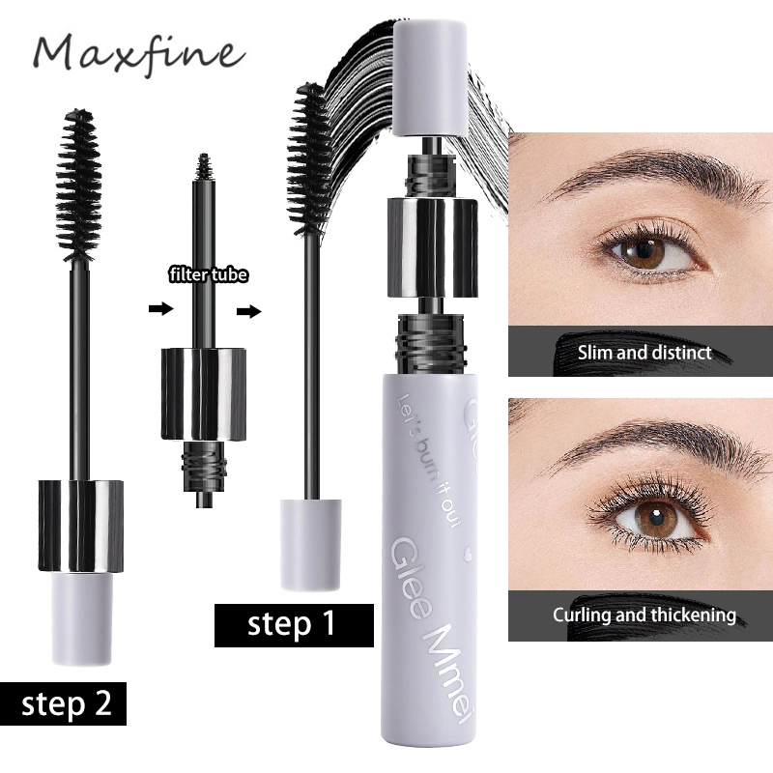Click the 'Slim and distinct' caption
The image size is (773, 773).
click(644, 352)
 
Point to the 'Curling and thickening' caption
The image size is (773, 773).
click(644, 615)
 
